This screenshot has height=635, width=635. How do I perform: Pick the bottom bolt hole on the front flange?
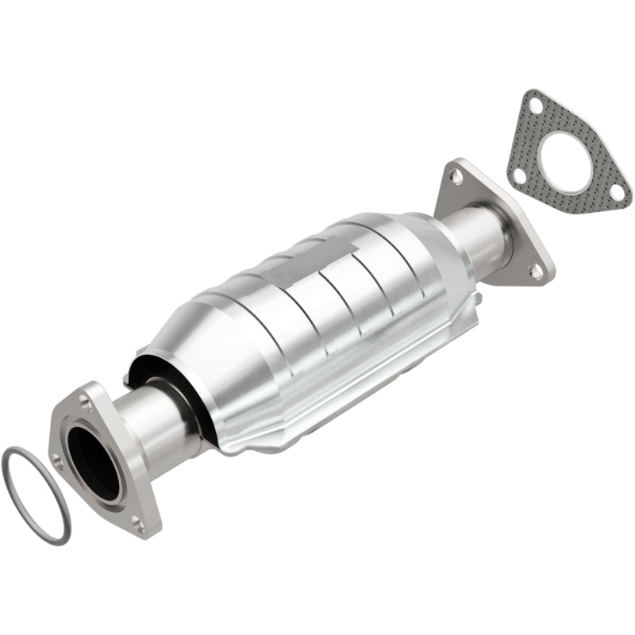140,523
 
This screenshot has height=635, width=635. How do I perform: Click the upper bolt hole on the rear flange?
456,174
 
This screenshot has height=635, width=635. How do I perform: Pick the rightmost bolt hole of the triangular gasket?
616,191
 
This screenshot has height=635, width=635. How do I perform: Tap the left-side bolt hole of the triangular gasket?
518,174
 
